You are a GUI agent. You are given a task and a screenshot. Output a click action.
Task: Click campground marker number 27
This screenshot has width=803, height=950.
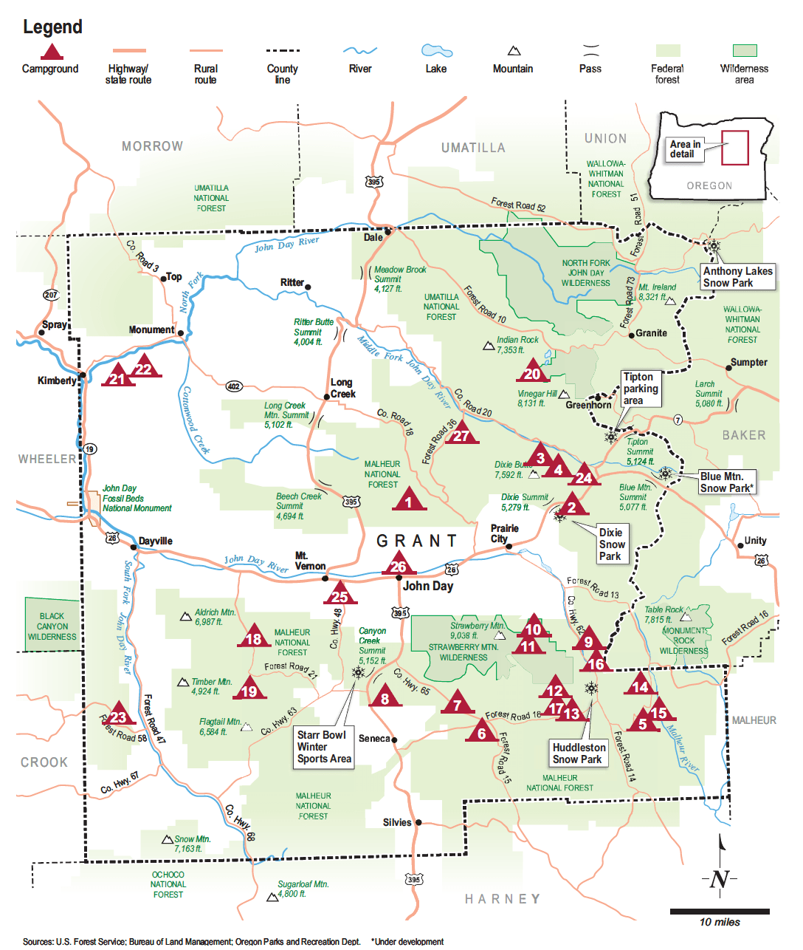(x=461, y=435)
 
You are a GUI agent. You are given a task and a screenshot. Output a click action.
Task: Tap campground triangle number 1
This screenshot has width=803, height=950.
(x=408, y=502)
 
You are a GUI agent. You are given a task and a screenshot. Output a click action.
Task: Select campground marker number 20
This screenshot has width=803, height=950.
(x=531, y=373)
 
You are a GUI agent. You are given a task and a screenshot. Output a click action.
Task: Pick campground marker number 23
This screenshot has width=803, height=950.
(x=118, y=717)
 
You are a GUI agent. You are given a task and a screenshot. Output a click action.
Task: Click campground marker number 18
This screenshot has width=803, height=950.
(x=254, y=639)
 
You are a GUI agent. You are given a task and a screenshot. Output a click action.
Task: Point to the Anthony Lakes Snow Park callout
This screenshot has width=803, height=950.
(x=737, y=277)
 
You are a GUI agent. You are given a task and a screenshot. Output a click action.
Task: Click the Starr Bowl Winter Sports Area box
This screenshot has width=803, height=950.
(x=324, y=747)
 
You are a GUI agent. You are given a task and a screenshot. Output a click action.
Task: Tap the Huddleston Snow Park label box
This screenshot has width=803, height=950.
(x=579, y=753)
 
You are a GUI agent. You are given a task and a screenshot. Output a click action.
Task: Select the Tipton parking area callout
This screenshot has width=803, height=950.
(x=639, y=389)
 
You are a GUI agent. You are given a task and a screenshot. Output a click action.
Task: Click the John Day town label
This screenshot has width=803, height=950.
(x=428, y=586)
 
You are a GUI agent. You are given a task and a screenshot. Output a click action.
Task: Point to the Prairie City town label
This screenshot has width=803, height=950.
(x=505, y=533)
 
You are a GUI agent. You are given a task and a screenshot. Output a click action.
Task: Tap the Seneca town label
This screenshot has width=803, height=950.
(x=374, y=739)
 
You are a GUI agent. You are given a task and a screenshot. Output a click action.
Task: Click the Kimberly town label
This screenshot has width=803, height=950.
(x=57, y=380)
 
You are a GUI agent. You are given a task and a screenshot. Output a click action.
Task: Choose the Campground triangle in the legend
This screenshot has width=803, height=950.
(x=50, y=52)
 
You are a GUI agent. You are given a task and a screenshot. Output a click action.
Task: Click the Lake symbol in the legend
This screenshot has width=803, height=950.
(x=436, y=50)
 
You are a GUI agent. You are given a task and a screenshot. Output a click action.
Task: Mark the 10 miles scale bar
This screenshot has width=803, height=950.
(x=719, y=912)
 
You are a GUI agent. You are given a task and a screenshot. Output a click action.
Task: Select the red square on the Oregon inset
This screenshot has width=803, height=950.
(x=734, y=147)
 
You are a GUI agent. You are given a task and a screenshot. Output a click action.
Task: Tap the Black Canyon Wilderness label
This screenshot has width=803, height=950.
(x=52, y=626)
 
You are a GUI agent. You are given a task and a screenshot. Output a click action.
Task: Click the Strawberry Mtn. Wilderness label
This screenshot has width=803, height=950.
(x=463, y=652)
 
